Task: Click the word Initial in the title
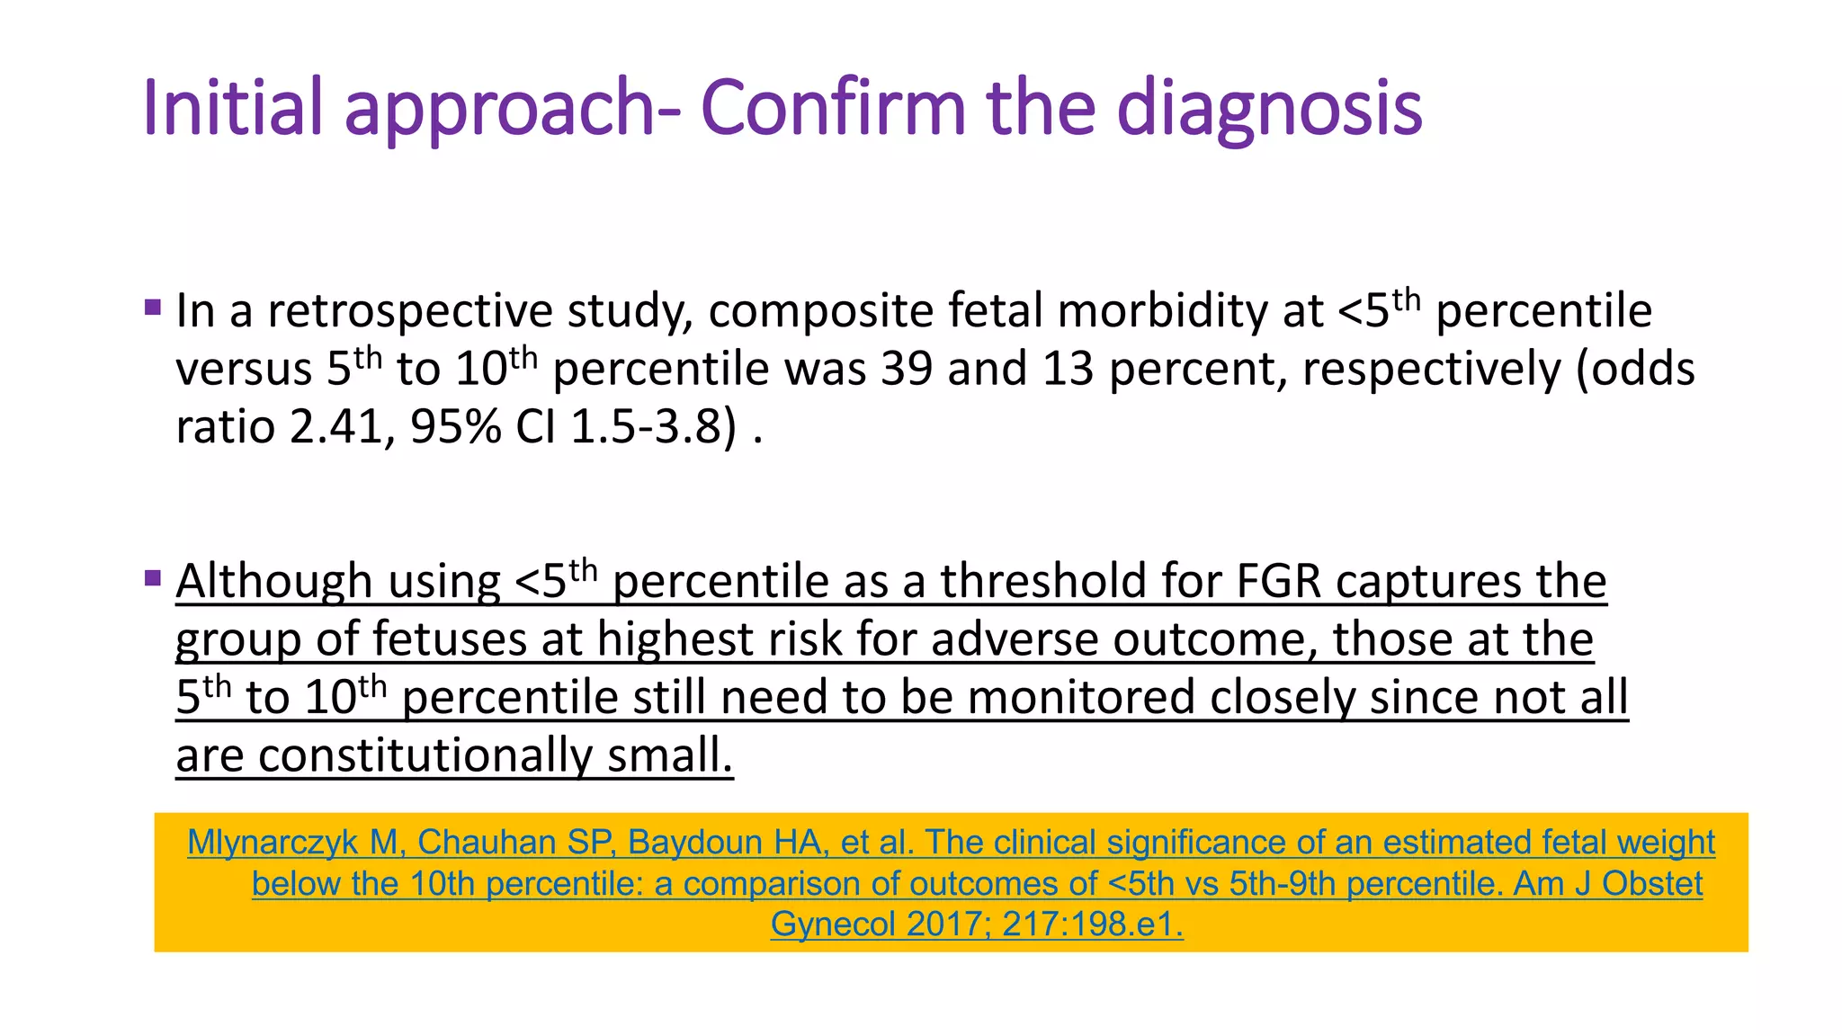pyautogui.click(x=232, y=108)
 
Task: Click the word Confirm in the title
pyautogui.click(x=833, y=108)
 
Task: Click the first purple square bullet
pyautogui.click(x=152, y=308)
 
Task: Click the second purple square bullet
pyautogui.click(x=152, y=577)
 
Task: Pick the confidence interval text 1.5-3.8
pyautogui.click(x=648, y=427)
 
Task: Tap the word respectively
pyautogui.click(x=1430, y=370)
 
